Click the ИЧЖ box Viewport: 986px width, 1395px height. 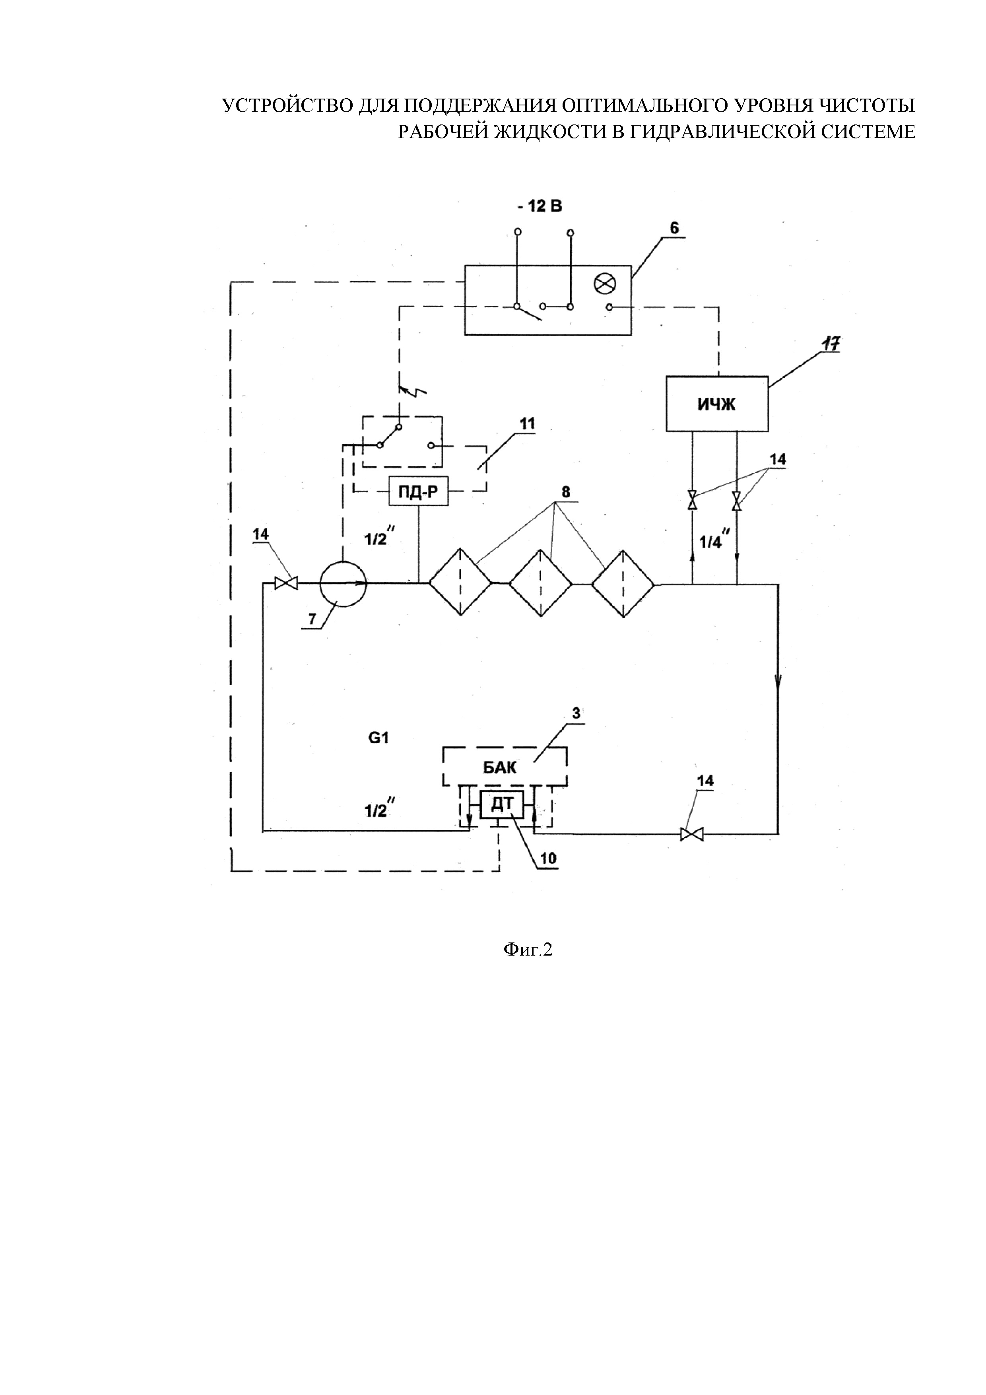click(x=717, y=404)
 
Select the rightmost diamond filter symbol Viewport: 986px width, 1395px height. click(x=623, y=584)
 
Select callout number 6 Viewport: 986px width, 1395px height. click(x=674, y=228)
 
